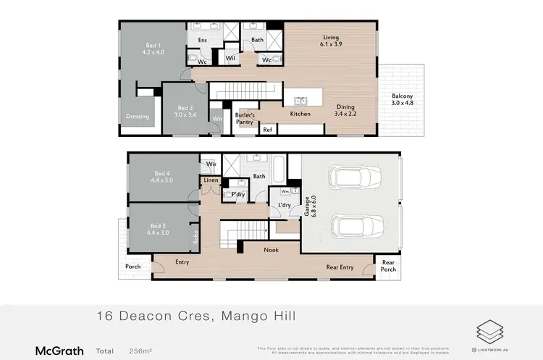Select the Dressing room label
pyautogui.click(x=137, y=117)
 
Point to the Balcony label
pyautogui.click(x=403, y=99)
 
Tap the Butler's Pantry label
pyautogui.click(x=245, y=119)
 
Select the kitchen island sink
pyautogui.click(x=301, y=101)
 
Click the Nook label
pyautogui.click(x=271, y=250)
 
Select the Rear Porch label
pyautogui.click(x=389, y=266)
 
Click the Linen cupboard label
pyautogui.click(x=211, y=180)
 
